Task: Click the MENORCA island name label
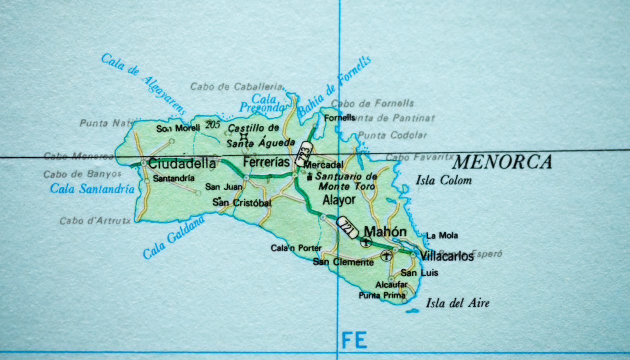click(x=502, y=162)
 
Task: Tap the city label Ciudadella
click(x=182, y=163)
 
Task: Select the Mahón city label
click(x=385, y=231)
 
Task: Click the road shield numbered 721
click(x=347, y=227)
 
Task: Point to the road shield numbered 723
click(x=303, y=154)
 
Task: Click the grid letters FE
click(x=354, y=340)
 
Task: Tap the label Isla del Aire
click(x=457, y=303)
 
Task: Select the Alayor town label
click(x=339, y=200)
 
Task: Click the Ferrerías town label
click(x=266, y=162)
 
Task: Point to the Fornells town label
click(x=339, y=118)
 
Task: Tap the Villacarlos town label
click(x=446, y=257)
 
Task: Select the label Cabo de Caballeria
click(x=236, y=86)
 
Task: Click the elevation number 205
click(x=212, y=125)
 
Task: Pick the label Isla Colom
click(x=443, y=180)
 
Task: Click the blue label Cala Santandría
click(x=92, y=189)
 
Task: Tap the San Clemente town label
click(x=343, y=262)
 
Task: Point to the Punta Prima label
click(x=381, y=295)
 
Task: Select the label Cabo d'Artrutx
click(x=95, y=220)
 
